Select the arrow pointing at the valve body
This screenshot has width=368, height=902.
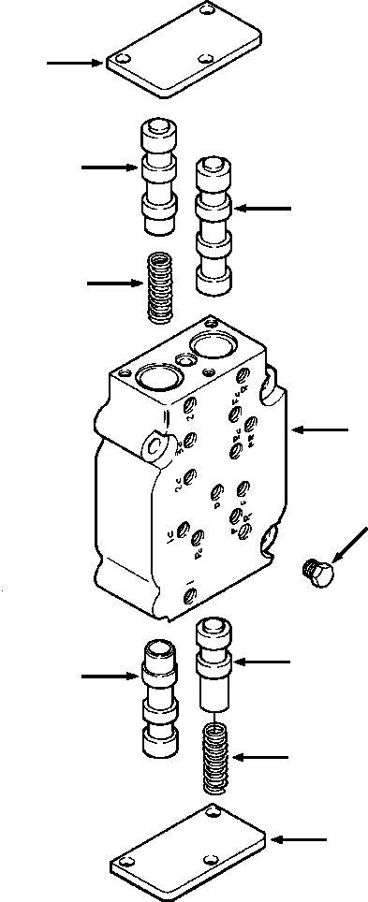point(319,430)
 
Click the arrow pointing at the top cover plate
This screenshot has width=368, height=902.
point(75,64)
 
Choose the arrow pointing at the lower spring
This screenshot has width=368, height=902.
point(263,756)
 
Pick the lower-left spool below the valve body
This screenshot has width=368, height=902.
point(155,697)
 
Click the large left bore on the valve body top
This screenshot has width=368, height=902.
point(153,379)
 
